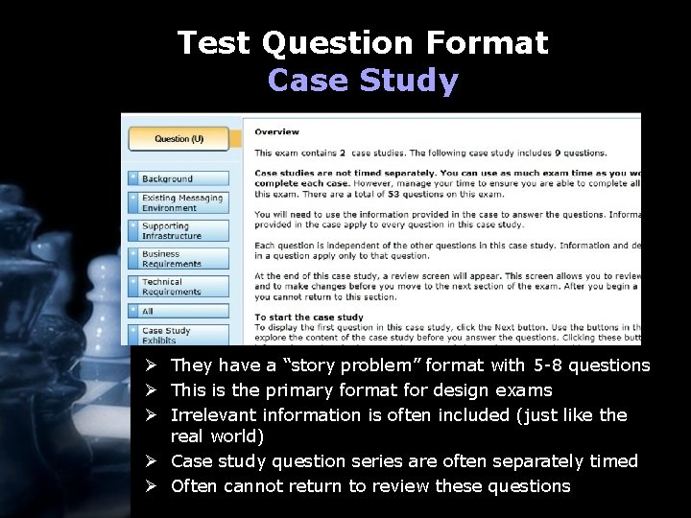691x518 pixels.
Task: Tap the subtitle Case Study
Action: [x=363, y=81]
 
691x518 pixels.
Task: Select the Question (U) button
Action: [x=179, y=139]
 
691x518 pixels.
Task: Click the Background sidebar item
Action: [x=179, y=178]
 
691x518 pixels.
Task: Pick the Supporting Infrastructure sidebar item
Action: [x=179, y=231]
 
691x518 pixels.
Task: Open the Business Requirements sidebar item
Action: [x=179, y=259]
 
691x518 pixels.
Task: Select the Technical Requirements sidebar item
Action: [x=179, y=287]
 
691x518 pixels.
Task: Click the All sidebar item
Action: [x=179, y=311]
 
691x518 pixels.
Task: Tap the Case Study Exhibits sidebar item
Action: [x=179, y=335]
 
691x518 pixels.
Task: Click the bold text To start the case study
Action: [x=308, y=318]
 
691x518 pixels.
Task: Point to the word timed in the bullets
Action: [x=613, y=461]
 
